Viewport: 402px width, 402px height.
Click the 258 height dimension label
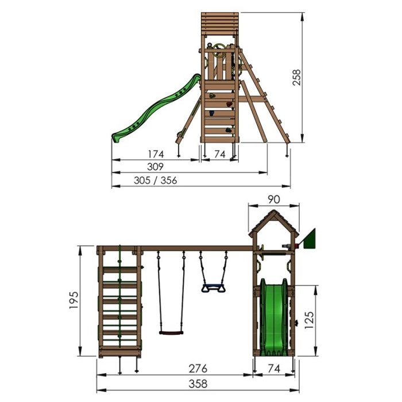click(x=296, y=78)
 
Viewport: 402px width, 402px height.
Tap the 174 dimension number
click(x=156, y=154)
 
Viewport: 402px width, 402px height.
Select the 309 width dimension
click(x=155, y=167)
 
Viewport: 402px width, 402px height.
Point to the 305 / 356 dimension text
click(x=156, y=180)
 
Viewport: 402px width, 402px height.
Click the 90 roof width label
click(x=274, y=200)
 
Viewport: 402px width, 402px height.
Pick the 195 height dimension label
click(x=74, y=300)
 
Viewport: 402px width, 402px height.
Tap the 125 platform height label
click(x=309, y=320)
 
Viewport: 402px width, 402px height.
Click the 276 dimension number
click(x=198, y=369)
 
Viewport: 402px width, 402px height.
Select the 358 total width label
click(x=198, y=384)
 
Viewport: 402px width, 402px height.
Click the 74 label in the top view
click(x=220, y=154)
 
